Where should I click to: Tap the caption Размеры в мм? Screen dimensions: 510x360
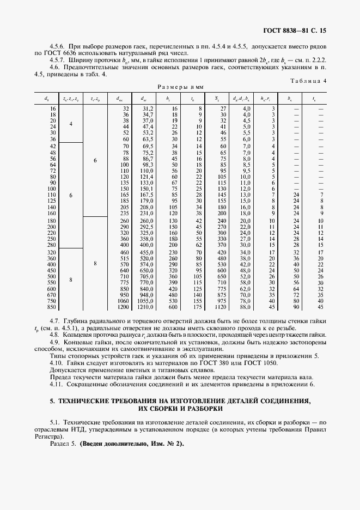point(180,87)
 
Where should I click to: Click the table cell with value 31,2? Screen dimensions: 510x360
point(147,109)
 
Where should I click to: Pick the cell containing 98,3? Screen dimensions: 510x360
point(147,165)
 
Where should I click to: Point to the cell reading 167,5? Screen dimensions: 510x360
point(147,195)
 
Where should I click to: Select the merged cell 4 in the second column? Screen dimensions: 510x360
point(71,124)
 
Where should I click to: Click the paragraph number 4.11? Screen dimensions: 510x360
point(57,384)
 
